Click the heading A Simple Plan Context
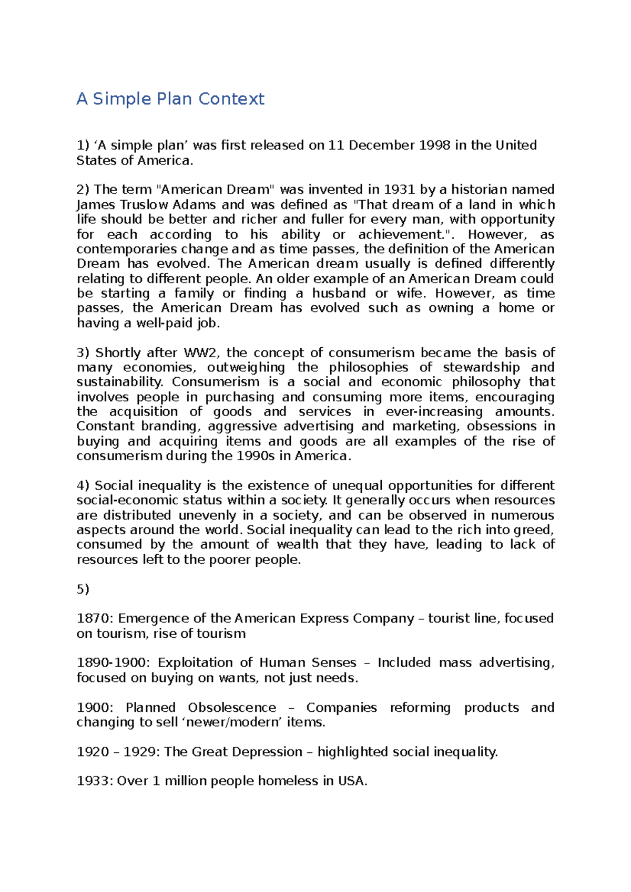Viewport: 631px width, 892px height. coord(170,99)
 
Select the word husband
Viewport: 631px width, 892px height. coord(339,293)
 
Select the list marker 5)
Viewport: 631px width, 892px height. coord(83,589)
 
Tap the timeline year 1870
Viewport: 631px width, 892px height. coord(95,618)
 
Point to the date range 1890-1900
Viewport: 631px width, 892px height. coord(113,663)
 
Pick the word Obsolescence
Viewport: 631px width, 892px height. coord(232,708)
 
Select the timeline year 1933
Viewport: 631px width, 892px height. coord(95,781)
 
